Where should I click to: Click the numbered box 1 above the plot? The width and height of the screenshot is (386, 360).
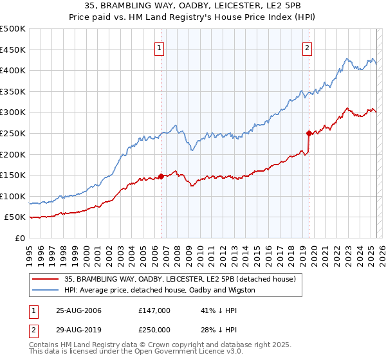click(159, 47)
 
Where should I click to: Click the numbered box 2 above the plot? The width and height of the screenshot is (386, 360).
click(308, 47)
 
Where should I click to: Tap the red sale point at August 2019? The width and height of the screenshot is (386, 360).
click(309, 134)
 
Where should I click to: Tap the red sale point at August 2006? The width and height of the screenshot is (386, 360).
click(161, 176)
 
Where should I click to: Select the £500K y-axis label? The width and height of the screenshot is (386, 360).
click(13, 29)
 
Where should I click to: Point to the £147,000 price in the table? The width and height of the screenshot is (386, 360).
click(154, 310)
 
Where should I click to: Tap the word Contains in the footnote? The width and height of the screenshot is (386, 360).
click(43, 346)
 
